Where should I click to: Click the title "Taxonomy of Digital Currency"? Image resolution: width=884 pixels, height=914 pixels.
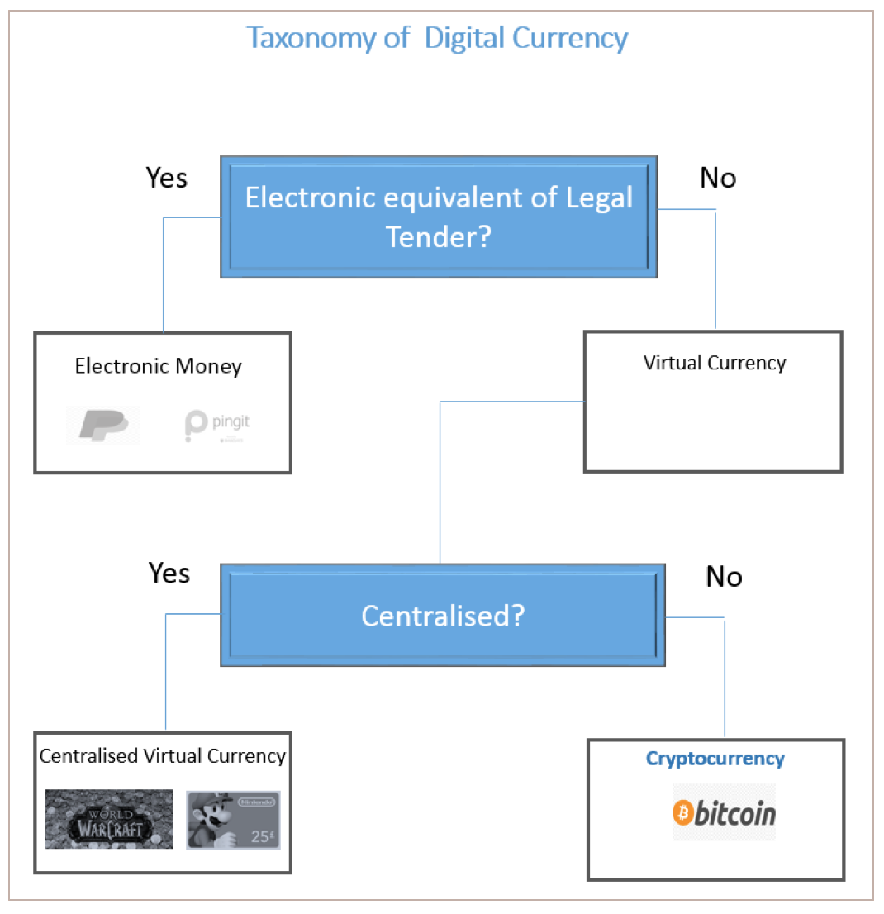438,38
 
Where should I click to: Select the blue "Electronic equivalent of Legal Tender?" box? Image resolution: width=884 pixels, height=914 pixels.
439,217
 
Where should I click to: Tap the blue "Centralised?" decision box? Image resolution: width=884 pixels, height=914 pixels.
443,616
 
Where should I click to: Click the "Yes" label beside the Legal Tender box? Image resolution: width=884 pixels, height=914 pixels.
167,178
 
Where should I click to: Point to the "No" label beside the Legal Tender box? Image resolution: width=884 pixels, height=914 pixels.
717,178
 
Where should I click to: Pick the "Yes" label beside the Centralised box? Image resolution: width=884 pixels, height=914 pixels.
169,573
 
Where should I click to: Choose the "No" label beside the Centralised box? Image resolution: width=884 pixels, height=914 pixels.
724,577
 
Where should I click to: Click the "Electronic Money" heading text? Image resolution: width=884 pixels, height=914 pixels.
158,366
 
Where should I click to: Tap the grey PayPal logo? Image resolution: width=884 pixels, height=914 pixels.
102,425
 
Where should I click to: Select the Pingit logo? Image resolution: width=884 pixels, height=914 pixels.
217,425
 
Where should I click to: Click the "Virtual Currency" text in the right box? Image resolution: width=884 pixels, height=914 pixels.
715,362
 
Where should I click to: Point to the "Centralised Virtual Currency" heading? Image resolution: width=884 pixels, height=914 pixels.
163,755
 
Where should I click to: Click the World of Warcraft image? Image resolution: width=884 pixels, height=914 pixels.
109,819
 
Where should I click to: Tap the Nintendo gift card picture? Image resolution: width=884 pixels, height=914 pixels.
233,820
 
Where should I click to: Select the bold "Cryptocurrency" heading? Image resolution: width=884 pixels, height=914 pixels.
715,759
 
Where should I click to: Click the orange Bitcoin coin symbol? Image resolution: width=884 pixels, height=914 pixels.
682,812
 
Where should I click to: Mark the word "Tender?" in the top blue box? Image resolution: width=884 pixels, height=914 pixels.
439,238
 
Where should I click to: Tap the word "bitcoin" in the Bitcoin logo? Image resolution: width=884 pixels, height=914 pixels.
734,813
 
